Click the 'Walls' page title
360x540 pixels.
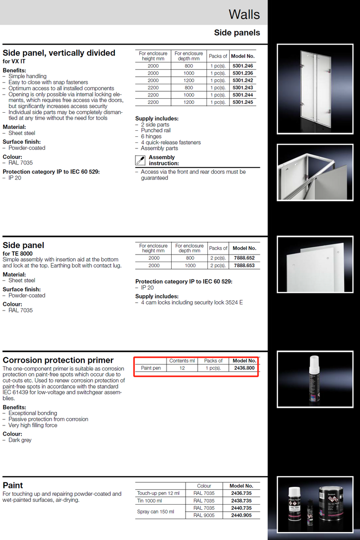click(244, 14)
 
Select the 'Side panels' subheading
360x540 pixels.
click(237, 33)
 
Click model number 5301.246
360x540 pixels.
click(243, 66)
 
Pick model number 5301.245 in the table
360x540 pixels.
click(243, 102)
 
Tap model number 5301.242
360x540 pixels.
click(243, 81)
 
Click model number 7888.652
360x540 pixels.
click(244, 258)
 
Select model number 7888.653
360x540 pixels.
click(244, 265)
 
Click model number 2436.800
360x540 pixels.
click(244, 368)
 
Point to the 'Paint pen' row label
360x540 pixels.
click(151, 368)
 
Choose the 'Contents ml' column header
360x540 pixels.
click(182, 361)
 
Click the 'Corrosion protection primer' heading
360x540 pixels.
click(58, 360)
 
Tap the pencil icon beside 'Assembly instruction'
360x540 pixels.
click(140, 161)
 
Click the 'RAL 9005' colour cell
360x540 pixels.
click(204, 515)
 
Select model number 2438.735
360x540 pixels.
click(241, 500)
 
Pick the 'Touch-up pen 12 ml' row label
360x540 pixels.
click(158, 493)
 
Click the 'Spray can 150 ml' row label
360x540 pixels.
click(155, 512)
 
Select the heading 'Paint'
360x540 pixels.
click(13, 485)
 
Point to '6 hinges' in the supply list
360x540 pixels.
click(151, 136)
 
